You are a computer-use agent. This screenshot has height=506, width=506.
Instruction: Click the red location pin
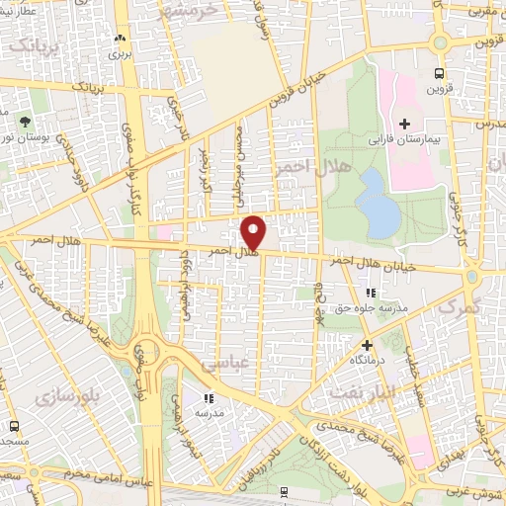(x=255, y=231)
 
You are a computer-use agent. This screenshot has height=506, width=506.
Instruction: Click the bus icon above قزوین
(x=439, y=72)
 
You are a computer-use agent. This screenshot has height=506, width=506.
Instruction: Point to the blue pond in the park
(x=376, y=202)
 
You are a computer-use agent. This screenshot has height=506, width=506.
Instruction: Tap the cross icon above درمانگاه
(x=368, y=345)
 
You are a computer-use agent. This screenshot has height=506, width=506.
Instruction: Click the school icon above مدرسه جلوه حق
(x=371, y=293)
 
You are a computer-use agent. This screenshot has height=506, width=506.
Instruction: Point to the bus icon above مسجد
(x=14, y=425)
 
